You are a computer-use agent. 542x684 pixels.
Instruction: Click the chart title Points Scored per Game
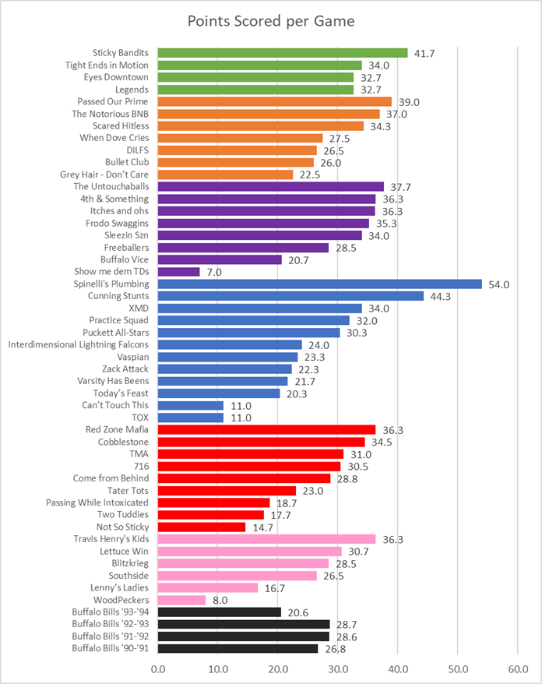pos(271,21)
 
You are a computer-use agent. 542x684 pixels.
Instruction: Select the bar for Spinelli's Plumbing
pos(319,284)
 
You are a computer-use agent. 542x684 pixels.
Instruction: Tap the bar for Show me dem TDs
pos(179,272)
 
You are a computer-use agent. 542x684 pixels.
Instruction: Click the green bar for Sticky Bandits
pos(283,53)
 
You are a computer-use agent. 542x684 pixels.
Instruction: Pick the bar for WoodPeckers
pos(182,600)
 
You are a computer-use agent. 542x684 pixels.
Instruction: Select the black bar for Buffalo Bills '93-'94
pos(220,612)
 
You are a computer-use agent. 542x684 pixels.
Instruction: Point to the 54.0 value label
pos(499,284)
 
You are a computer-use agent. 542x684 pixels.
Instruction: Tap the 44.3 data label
pos(440,296)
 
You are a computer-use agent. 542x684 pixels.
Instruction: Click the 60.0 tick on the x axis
pos(518,669)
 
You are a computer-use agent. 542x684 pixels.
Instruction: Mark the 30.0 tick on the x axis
pos(338,669)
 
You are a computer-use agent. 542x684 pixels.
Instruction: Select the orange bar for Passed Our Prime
pos(275,101)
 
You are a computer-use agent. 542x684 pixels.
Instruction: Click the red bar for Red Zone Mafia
pos(267,429)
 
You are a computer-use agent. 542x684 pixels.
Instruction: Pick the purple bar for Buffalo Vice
pos(220,259)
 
